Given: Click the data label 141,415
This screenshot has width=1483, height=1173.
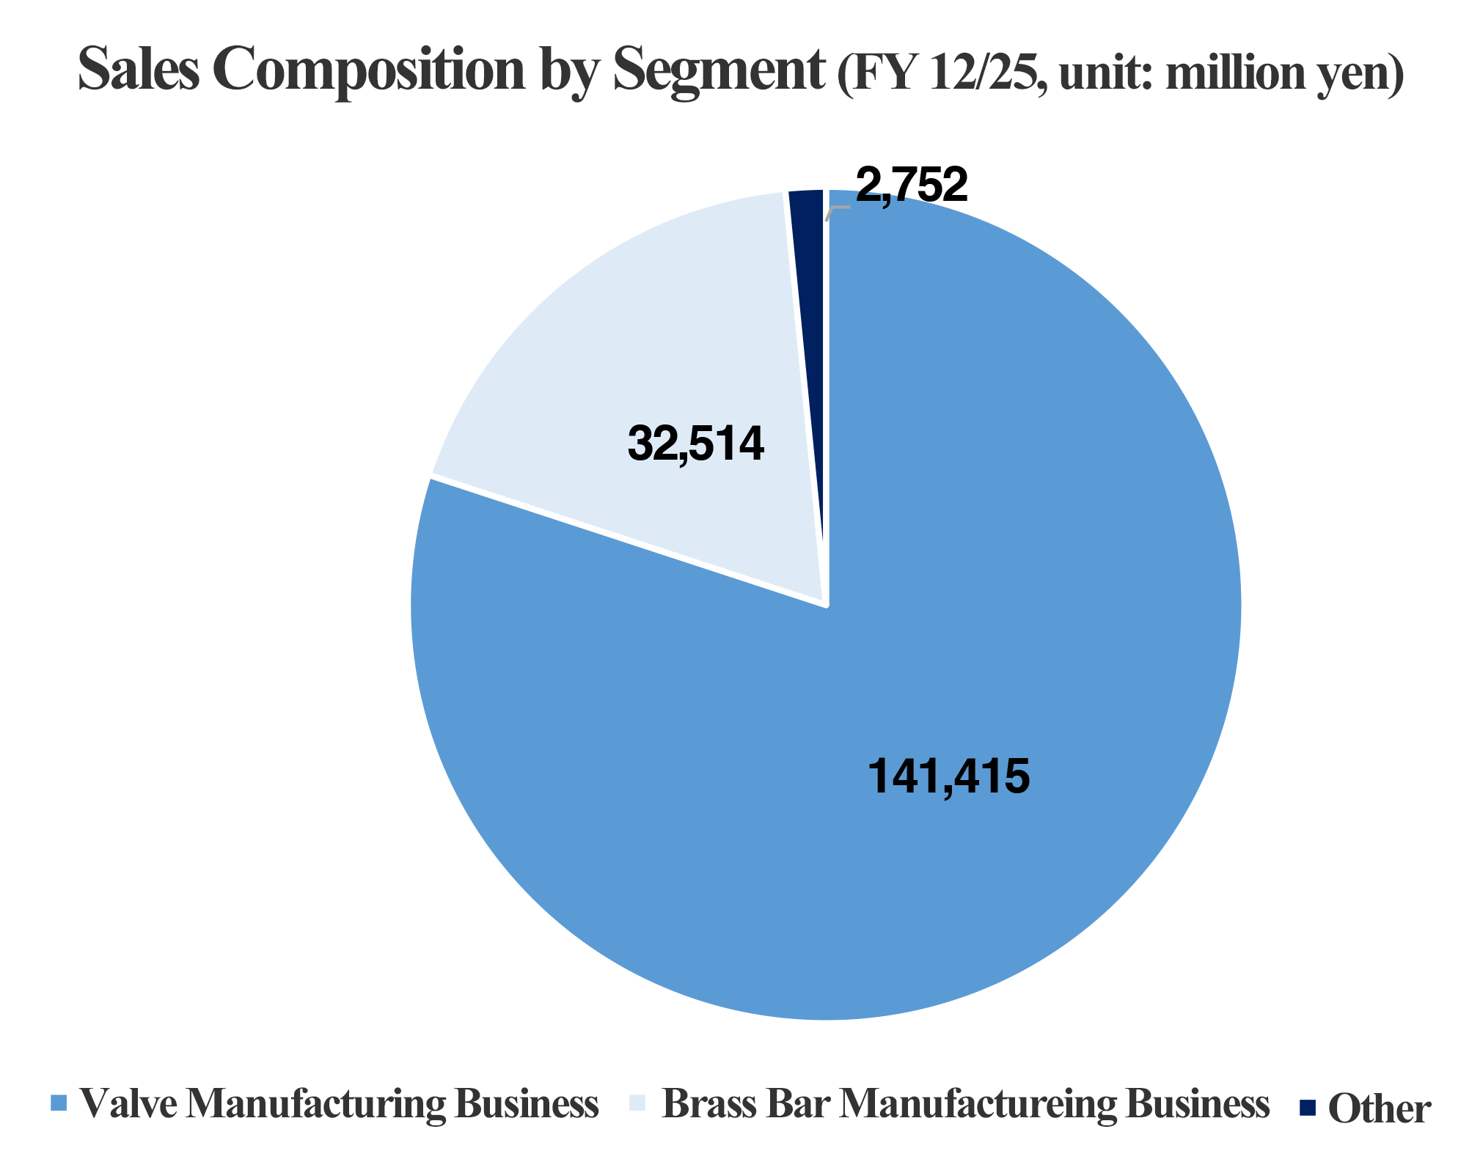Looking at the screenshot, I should pyautogui.click(x=948, y=777).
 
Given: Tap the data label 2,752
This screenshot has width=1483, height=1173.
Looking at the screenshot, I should pyautogui.click(x=912, y=185).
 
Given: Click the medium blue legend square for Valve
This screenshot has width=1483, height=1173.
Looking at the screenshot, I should pyautogui.click(x=59, y=1103).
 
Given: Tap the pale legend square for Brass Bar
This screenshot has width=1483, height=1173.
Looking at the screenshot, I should pyautogui.click(x=637, y=1103).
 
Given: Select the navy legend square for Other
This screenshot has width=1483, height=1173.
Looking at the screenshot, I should pyautogui.click(x=1308, y=1106).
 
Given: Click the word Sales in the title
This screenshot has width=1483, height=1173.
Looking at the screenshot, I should pyautogui.click(x=139, y=70).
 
